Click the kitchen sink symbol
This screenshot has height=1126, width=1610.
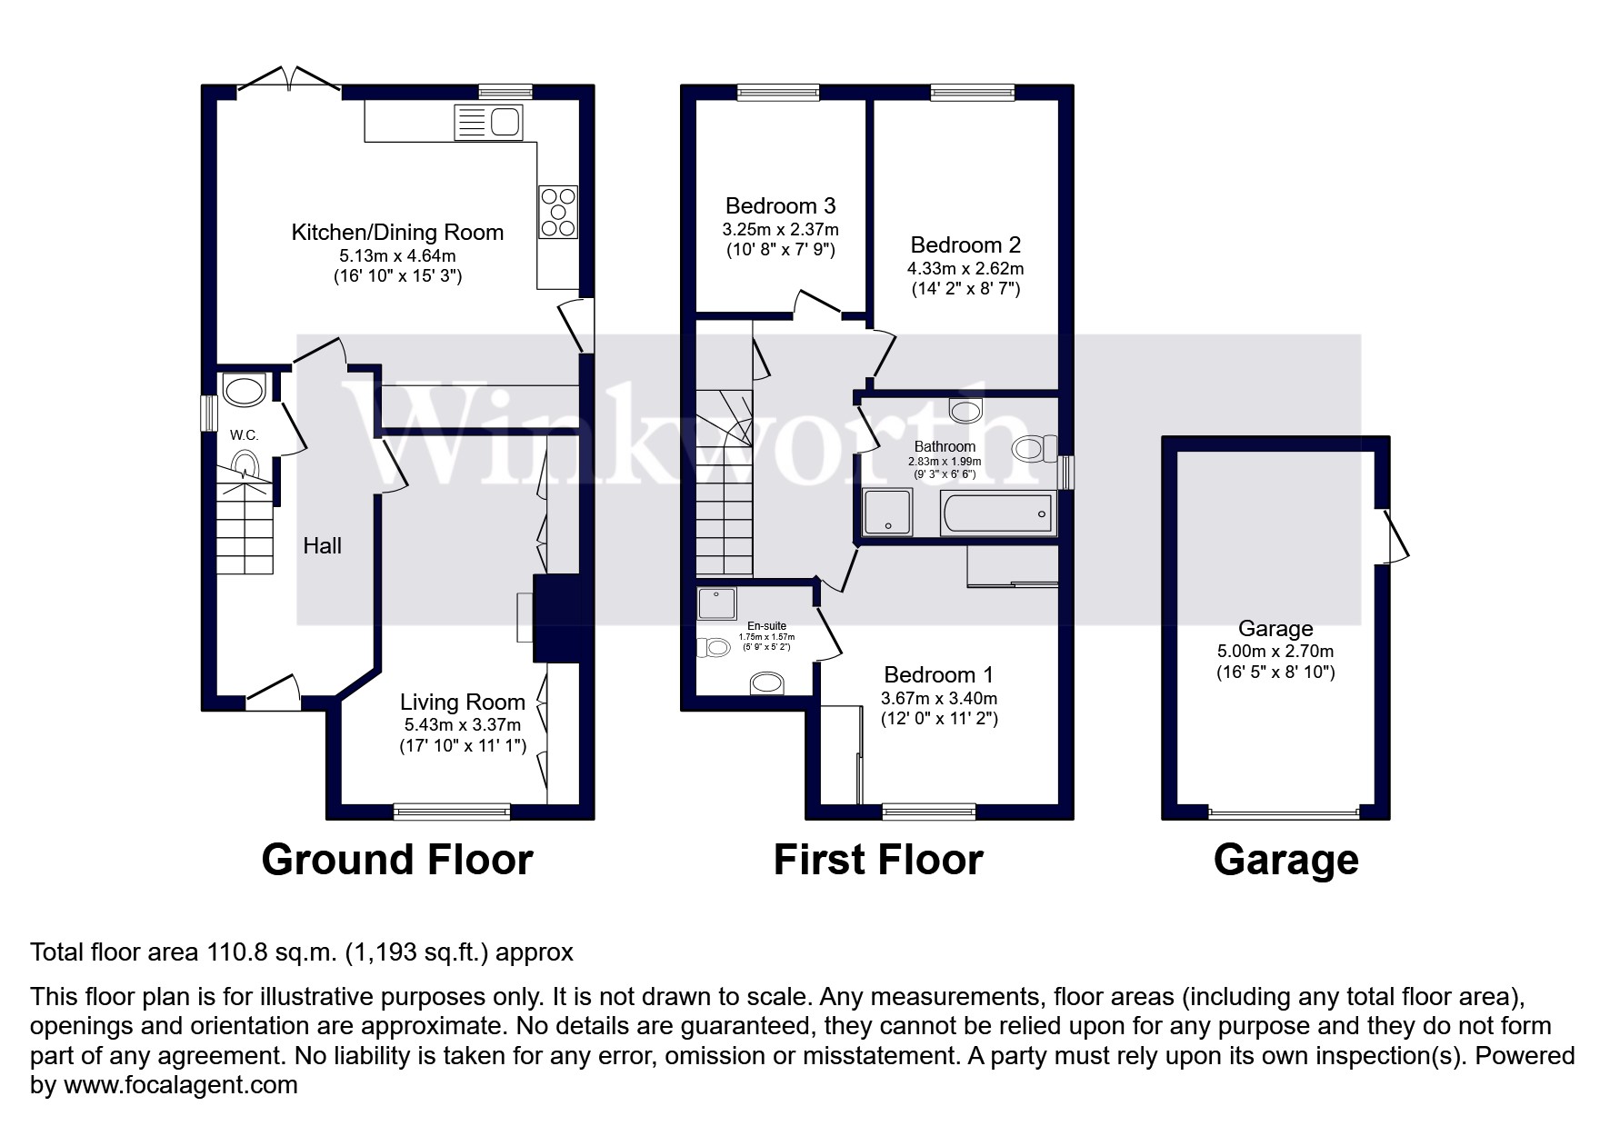489,122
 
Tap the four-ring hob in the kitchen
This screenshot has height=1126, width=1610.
557,212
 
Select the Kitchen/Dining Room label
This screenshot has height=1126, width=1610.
397,233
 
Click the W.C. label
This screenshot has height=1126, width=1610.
244,435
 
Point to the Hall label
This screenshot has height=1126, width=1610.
322,545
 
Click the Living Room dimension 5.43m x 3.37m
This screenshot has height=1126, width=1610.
463,725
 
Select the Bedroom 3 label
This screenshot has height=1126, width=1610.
780,206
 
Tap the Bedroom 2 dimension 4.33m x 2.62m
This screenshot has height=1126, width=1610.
965,269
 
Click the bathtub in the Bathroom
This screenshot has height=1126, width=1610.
998,514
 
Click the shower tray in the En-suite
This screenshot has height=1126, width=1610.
716,603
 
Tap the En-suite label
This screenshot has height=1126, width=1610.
766,626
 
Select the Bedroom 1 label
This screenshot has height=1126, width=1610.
938,675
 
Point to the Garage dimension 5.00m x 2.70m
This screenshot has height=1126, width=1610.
1275,652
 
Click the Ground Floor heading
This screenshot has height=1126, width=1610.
396,860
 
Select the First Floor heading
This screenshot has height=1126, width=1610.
877,860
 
